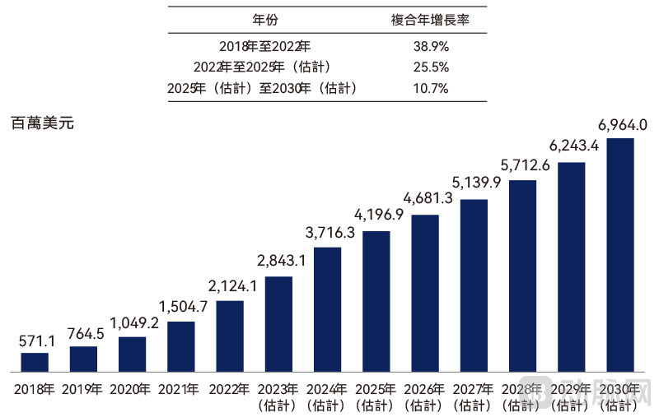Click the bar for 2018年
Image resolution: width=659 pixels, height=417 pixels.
35,363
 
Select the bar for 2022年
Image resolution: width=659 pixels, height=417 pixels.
230,336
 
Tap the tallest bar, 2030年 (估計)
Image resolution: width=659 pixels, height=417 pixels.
620,255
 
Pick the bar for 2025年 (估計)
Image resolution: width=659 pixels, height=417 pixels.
376,302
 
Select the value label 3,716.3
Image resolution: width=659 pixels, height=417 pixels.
328,234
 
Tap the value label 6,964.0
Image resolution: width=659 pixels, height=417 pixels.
622,125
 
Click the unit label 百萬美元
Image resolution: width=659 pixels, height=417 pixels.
43,125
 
